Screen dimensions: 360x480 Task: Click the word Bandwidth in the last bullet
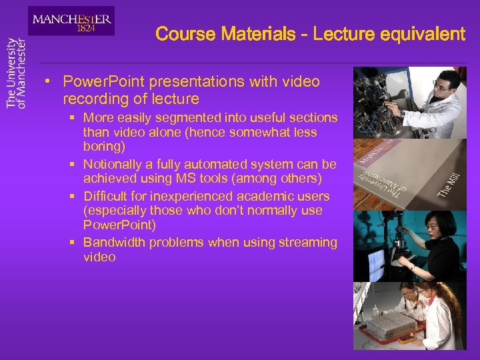coord(114,243)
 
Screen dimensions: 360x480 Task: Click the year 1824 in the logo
coord(85,29)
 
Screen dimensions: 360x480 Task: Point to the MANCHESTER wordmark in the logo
coord(72,19)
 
